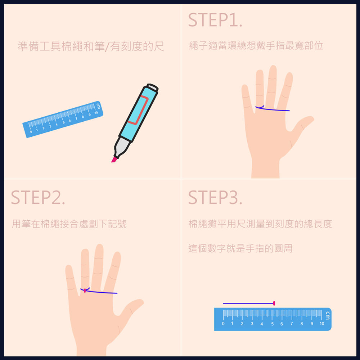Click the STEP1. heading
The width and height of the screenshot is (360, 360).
click(x=215, y=20)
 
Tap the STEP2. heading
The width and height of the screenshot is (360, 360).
click(x=38, y=197)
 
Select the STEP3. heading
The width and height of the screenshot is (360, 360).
click(x=215, y=197)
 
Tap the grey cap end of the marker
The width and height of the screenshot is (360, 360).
click(x=153, y=87)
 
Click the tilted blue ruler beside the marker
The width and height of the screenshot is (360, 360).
click(x=63, y=120)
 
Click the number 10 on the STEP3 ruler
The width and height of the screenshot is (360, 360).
click(x=322, y=324)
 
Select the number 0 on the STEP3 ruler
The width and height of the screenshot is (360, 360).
click(x=223, y=324)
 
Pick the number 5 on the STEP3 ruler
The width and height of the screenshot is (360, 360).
click(x=272, y=324)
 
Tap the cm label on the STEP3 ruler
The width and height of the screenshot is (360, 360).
click(x=328, y=315)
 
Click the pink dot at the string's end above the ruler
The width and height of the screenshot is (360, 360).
click(x=274, y=303)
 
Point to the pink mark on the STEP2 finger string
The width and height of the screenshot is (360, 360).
click(x=85, y=291)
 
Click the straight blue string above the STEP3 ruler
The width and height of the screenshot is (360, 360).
click(x=248, y=303)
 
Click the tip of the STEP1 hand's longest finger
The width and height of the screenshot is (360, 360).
click(x=273, y=67)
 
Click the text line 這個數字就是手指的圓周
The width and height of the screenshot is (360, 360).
click(x=240, y=248)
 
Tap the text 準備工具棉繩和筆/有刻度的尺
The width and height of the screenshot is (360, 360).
click(x=91, y=46)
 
